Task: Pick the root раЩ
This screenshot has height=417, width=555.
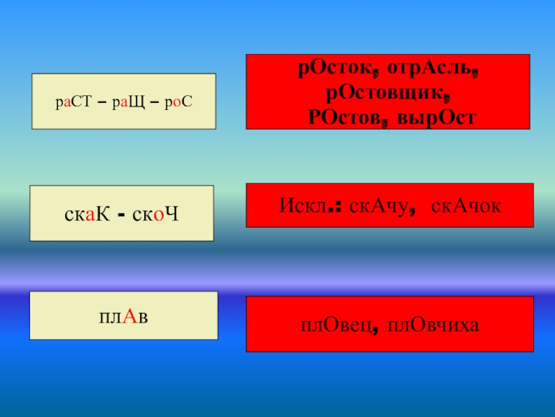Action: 125,102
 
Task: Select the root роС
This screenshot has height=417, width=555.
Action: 176,102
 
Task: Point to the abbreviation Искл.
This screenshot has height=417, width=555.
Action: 305,206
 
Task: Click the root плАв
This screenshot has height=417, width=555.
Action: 125,317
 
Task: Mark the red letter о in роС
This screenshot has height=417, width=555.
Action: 177,103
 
